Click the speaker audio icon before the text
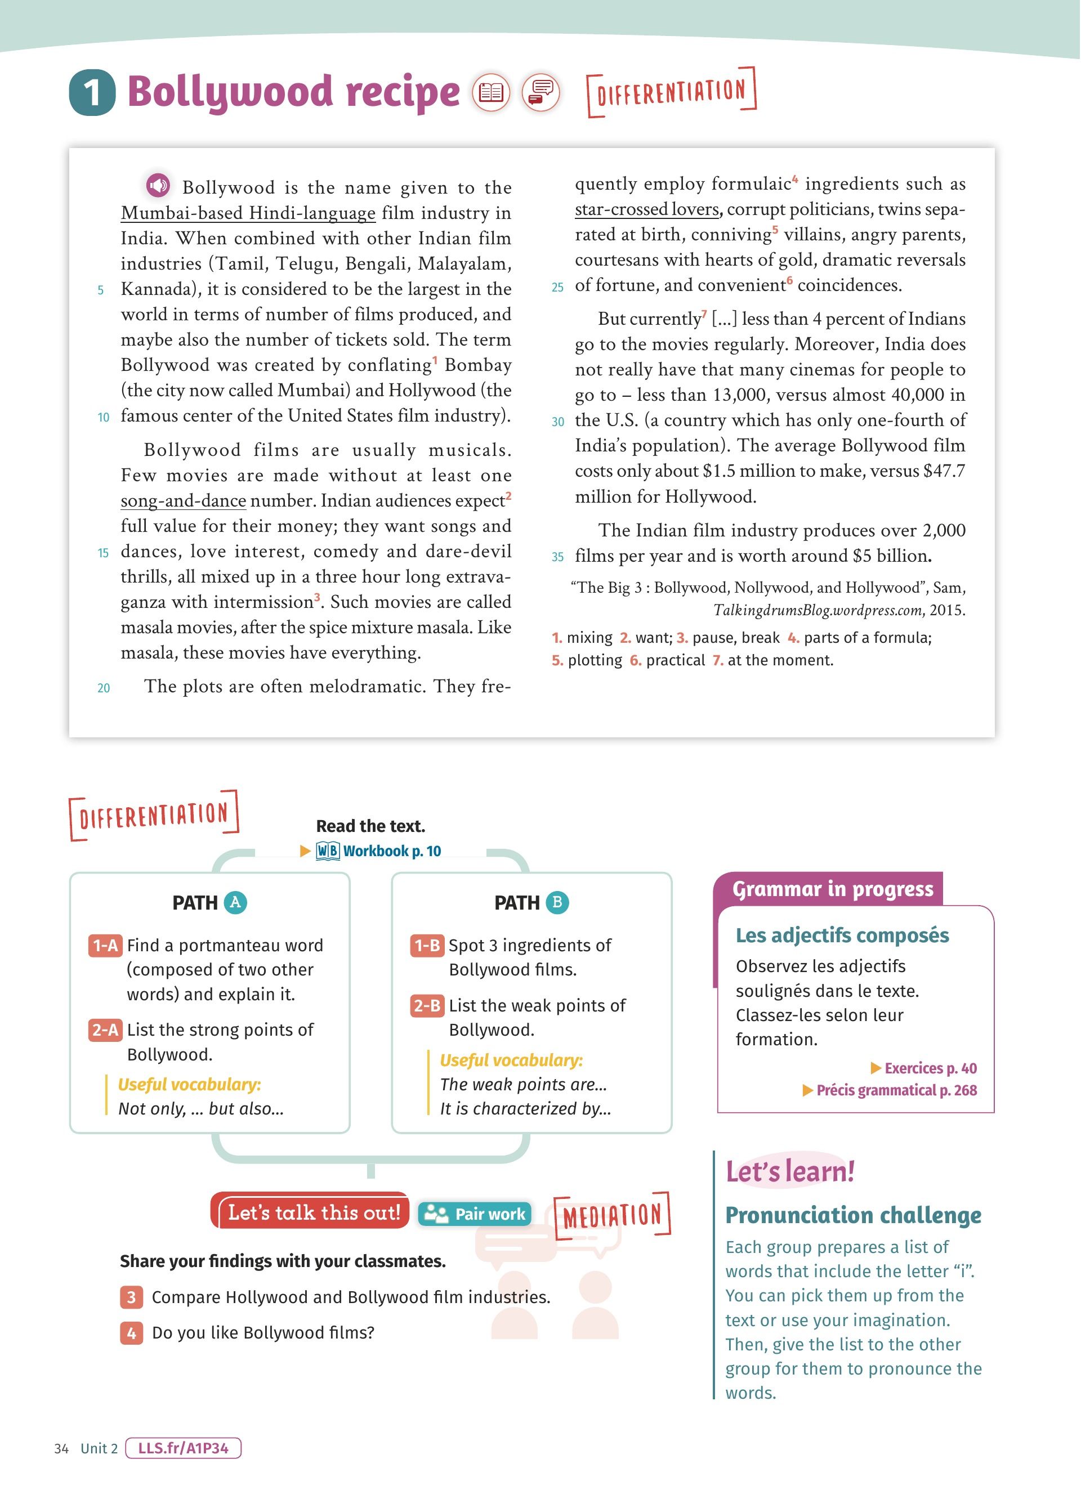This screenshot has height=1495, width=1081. coord(158,185)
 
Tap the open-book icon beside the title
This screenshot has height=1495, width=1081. coord(491,92)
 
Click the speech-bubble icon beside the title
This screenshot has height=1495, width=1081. coord(541,92)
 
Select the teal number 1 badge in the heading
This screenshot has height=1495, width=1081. coord(92,92)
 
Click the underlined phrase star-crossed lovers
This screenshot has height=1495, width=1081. coord(646,209)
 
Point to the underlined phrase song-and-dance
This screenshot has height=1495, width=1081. coord(183,501)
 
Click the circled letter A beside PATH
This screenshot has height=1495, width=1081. coord(235,902)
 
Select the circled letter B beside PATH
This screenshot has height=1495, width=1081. coord(557,902)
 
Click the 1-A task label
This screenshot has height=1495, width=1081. coord(105,946)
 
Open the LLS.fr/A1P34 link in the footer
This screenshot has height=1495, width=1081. coord(183,1448)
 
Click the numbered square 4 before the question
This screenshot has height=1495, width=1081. coord(131,1333)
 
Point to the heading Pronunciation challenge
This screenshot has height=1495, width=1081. coord(853,1215)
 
